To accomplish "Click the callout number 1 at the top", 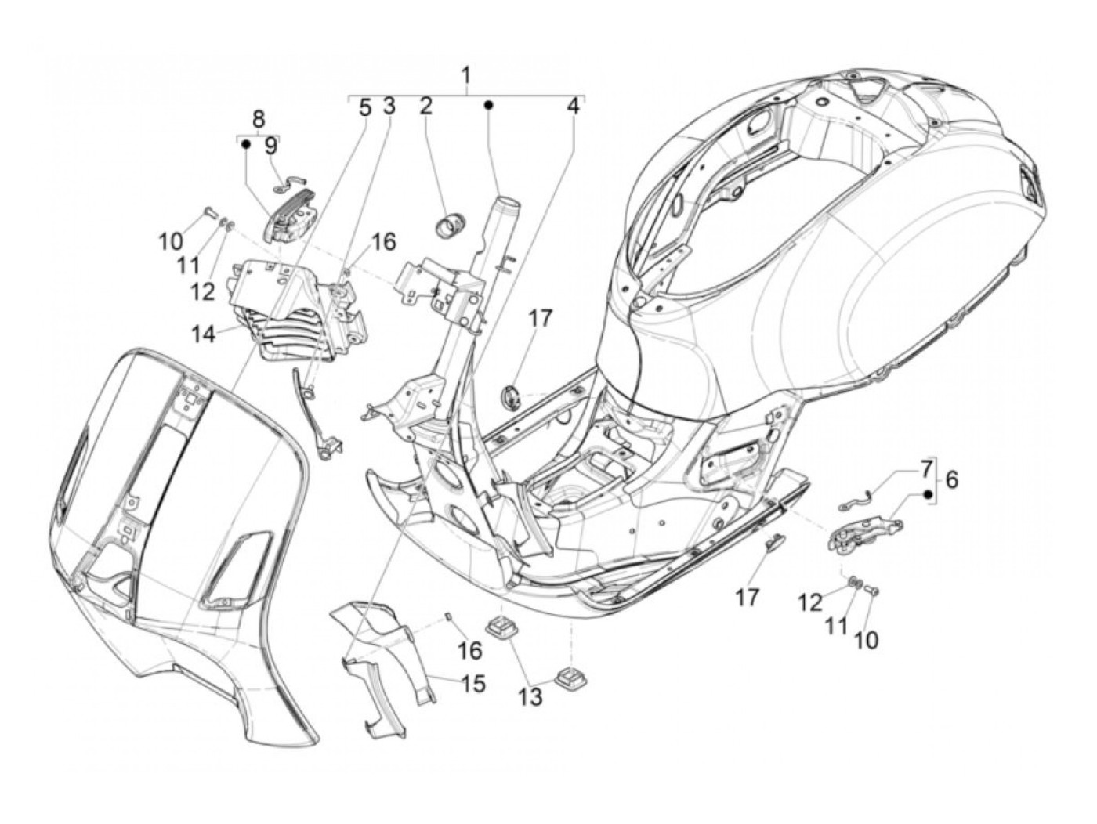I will [x=466, y=76].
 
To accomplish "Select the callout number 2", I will [x=425, y=106].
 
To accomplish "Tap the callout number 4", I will [x=574, y=106].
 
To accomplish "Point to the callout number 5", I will [x=364, y=107].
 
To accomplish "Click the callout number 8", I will [x=259, y=118].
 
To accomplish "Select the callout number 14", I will [x=201, y=334].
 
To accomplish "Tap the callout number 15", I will [x=473, y=684].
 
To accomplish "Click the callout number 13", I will [x=530, y=696].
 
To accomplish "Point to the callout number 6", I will [x=951, y=479].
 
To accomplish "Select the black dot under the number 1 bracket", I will [x=487, y=105].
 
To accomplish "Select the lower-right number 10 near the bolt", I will [x=866, y=640].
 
